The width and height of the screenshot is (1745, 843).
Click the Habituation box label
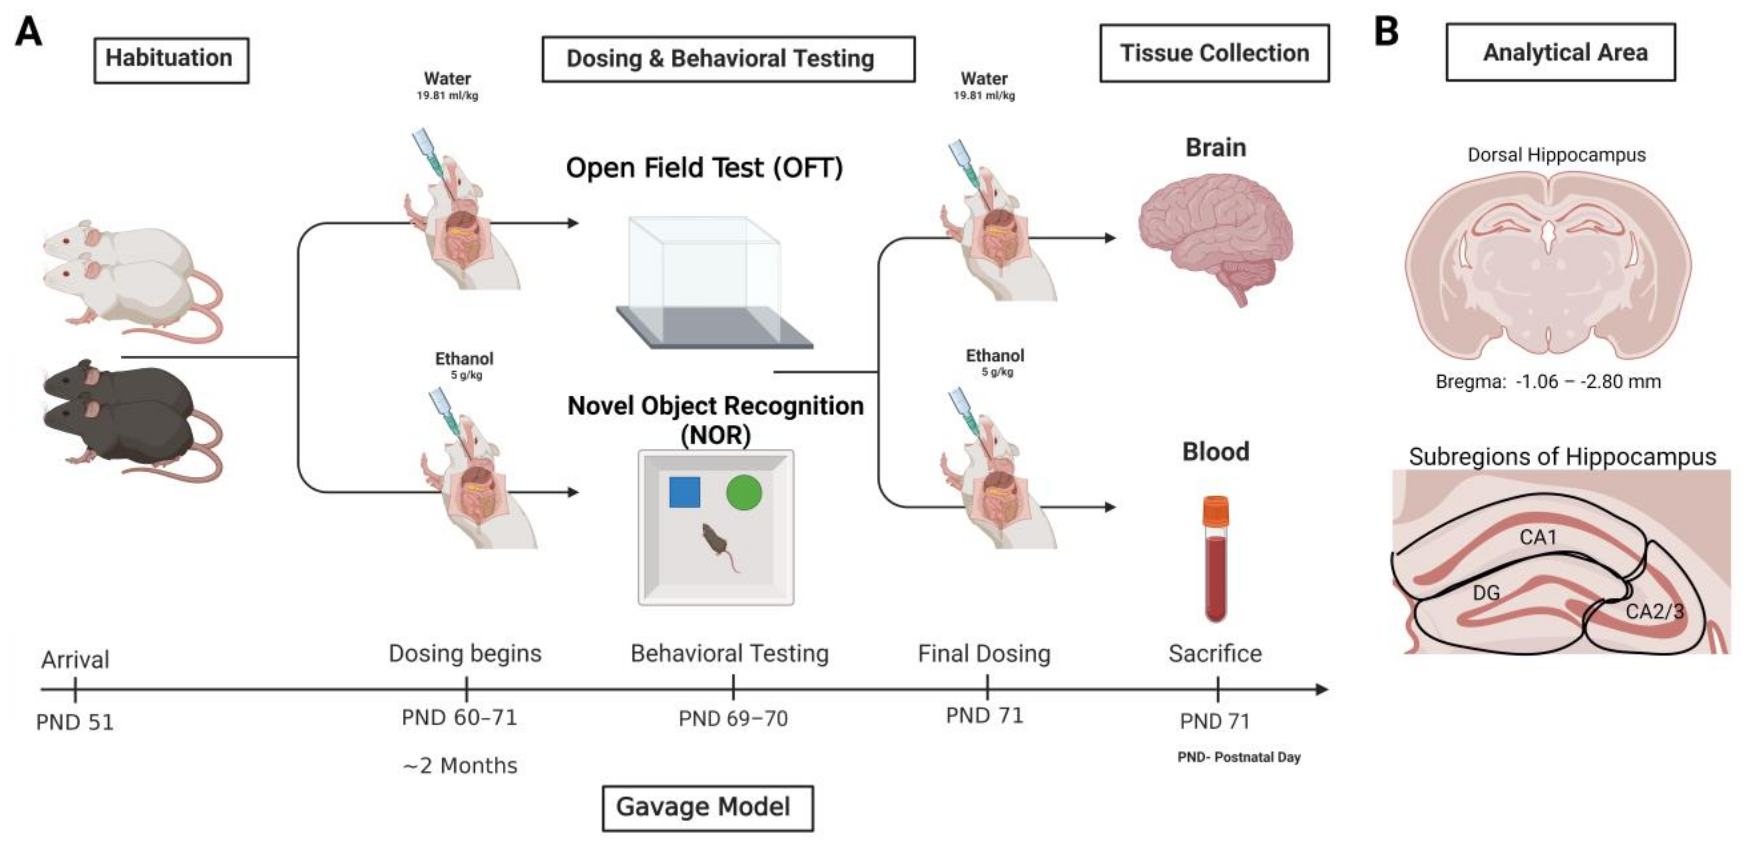pyautogui.click(x=171, y=59)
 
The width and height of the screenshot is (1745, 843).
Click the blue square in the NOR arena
pyautogui.click(x=684, y=492)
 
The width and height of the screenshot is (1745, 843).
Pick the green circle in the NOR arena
pyautogui.click(x=744, y=492)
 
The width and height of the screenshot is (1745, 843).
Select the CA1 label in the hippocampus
pyautogui.click(x=1538, y=537)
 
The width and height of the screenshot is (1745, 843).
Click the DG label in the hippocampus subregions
pyautogui.click(x=1486, y=593)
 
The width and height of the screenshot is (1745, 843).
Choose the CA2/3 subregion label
pyautogui.click(x=1654, y=612)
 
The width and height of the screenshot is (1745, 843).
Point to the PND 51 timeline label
pyautogui.click(x=75, y=722)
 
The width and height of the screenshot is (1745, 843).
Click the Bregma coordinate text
pyautogui.click(x=1548, y=382)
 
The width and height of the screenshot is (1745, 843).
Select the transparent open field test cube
pyautogui.click(x=705, y=271)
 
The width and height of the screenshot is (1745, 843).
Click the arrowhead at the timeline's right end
pyautogui.click(x=1321, y=689)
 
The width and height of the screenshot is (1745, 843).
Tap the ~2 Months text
pyautogui.click(x=460, y=766)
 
